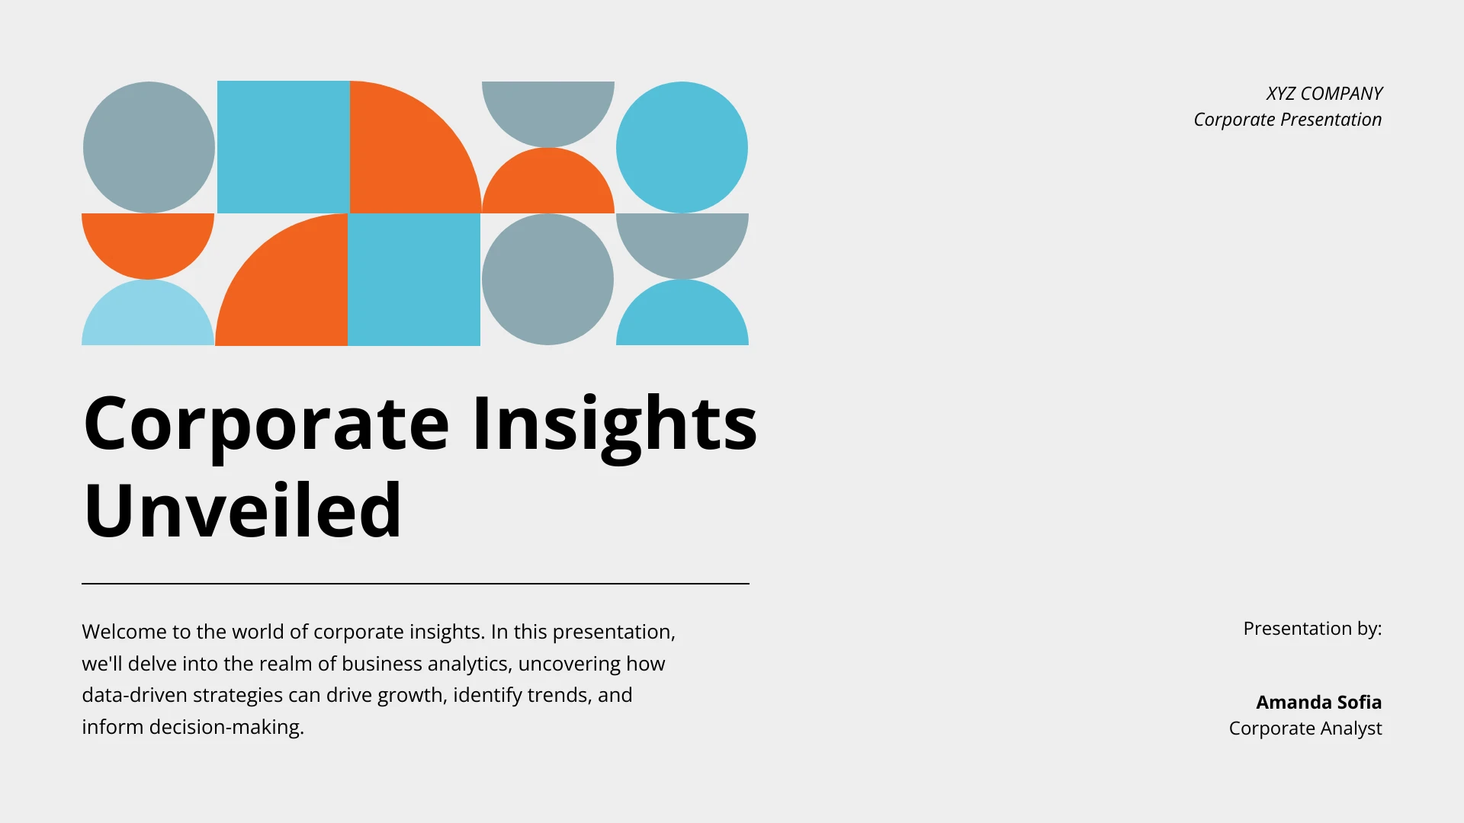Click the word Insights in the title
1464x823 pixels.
pos(615,424)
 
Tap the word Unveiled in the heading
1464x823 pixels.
pos(242,511)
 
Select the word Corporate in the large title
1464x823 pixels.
pos(266,424)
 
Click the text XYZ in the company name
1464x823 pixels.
pos(1280,94)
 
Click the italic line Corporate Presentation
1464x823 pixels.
pos(1287,120)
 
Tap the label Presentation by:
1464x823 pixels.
pos(1311,629)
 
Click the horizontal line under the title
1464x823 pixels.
pos(415,584)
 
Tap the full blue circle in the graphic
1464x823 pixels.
pos(682,147)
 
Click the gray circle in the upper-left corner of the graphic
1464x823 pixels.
pos(149,147)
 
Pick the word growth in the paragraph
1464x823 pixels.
pos(412,695)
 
